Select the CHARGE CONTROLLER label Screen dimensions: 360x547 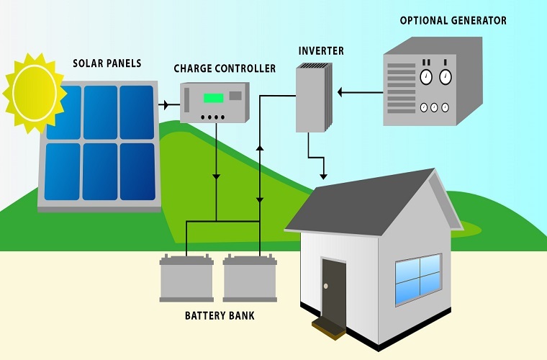[x=225, y=68]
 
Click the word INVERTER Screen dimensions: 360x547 [x=320, y=52]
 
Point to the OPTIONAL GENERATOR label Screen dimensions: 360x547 [x=453, y=20]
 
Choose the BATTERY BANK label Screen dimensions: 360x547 [x=220, y=315]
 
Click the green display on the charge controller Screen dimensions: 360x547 [x=213, y=98]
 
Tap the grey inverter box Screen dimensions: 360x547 [x=312, y=97]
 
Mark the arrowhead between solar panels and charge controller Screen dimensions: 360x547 [x=167, y=105]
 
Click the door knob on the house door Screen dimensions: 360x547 [x=325, y=287]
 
